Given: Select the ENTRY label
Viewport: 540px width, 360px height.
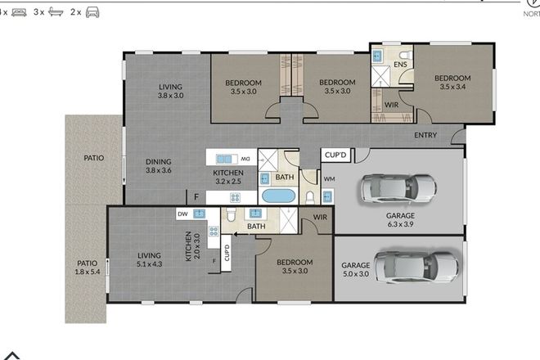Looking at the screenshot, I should click(x=425, y=136).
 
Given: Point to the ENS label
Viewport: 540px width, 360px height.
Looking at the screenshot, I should click(x=400, y=64).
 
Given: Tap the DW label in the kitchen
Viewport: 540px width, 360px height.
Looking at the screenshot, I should click(x=183, y=214).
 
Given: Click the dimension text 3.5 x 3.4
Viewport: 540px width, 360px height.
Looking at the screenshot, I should click(x=456, y=87).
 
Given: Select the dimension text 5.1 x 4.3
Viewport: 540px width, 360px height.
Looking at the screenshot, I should click(x=151, y=265).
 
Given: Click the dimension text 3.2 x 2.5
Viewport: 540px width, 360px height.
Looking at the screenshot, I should click(x=229, y=183).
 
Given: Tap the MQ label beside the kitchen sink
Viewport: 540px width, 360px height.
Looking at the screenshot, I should click(x=244, y=158).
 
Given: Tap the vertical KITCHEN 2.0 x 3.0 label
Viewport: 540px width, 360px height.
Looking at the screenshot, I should click(x=191, y=246).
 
